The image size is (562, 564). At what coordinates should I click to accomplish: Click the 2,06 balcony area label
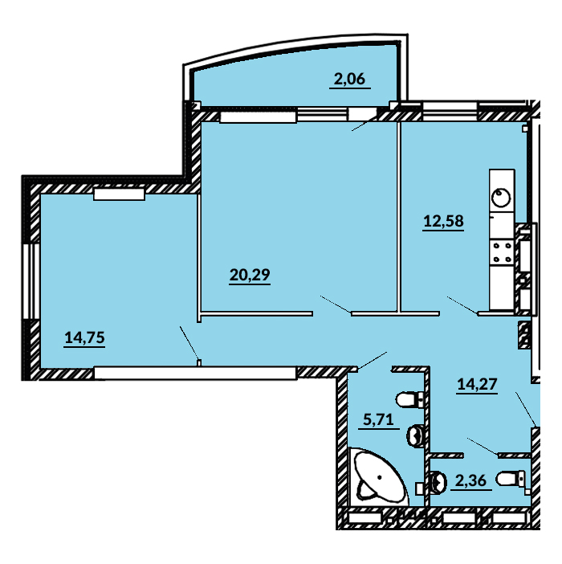[349, 79]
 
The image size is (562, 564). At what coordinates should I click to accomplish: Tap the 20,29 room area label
[250, 275]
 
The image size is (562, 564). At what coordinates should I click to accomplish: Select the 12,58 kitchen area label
[443, 221]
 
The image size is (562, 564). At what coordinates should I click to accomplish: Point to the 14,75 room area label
[85, 337]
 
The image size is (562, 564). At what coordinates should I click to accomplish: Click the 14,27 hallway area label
[477, 384]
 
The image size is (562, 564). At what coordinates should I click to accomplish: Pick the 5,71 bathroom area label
[378, 419]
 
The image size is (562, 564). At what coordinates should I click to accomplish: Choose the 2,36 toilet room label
[470, 480]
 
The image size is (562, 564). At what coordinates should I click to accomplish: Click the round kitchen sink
[501, 198]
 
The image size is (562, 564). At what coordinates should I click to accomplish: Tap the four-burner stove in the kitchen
[502, 252]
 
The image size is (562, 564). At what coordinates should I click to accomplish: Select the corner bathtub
[377, 477]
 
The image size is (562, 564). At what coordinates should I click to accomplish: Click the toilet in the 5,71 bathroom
[410, 399]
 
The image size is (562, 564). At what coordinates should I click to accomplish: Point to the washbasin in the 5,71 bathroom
[416, 435]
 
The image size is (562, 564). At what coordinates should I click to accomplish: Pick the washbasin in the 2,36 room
[438, 481]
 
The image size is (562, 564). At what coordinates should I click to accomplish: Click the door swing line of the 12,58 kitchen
[462, 305]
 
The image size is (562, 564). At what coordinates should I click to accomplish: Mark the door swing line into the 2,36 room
[483, 447]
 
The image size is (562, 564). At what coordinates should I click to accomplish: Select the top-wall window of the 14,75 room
[119, 194]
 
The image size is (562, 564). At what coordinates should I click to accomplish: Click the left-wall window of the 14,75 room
[31, 281]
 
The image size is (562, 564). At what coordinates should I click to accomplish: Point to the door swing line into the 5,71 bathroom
[373, 361]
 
